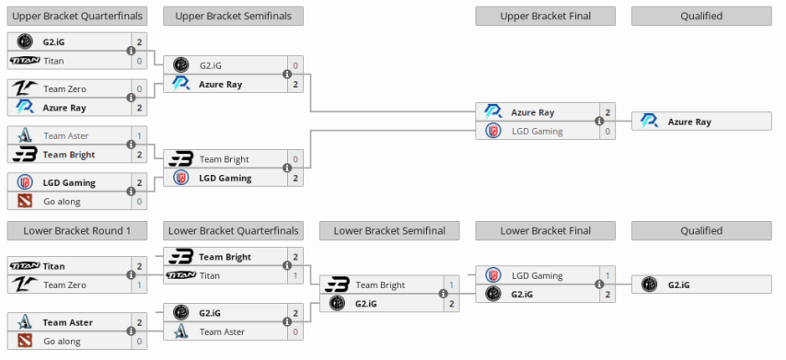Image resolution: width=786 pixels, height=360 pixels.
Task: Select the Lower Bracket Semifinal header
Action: tap(389, 230)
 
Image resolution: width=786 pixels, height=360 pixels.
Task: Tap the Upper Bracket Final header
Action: tap(546, 16)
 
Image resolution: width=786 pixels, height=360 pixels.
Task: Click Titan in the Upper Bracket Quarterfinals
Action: tap(54, 60)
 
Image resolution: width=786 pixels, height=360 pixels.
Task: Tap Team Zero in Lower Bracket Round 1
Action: tap(65, 285)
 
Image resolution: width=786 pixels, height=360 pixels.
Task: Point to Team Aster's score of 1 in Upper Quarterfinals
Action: tap(139, 135)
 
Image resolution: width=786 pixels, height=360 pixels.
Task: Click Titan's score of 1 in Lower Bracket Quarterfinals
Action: tap(295, 274)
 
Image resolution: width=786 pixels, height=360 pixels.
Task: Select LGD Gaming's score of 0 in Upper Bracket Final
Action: tap(607, 131)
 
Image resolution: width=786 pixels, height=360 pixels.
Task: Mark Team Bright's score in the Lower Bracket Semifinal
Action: tap(451, 285)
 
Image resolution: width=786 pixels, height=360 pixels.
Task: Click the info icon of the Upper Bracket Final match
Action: tap(599, 122)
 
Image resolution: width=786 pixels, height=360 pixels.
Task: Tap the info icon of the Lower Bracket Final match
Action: tap(599, 285)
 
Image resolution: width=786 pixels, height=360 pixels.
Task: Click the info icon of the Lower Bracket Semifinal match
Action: tap(443, 295)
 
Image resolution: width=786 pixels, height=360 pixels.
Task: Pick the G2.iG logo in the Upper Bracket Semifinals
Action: tap(180, 65)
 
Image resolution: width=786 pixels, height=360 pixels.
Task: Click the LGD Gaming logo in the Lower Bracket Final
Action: tap(493, 274)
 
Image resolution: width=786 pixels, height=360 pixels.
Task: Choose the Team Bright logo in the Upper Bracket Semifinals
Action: tap(180, 159)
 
